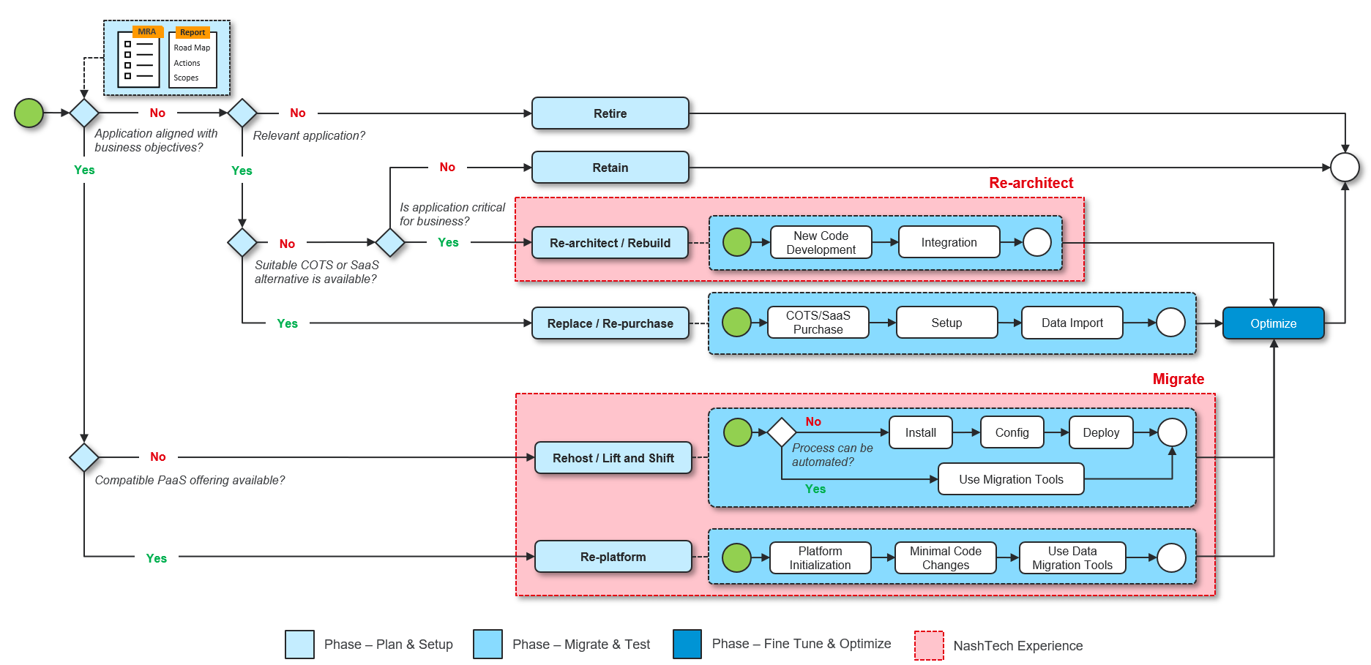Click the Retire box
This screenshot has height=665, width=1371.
click(x=610, y=113)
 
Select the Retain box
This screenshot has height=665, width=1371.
click(x=610, y=168)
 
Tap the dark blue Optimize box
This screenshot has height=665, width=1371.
click(x=1273, y=323)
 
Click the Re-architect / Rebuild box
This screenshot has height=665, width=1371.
click(x=610, y=243)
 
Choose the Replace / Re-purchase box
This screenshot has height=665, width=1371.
click(x=610, y=323)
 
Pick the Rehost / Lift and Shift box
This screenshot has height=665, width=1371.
click(x=613, y=458)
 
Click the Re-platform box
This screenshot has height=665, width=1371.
click(x=613, y=557)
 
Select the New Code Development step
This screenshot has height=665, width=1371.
click(x=821, y=243)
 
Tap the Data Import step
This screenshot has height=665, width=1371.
click(x=1072, y=323)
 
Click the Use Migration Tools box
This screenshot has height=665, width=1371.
click(x=1011, y=479)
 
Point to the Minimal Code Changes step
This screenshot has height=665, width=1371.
click(x=945, y=558)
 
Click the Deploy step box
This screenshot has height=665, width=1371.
click(x=1101, y=432)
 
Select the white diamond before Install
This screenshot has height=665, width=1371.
click(x=782, y=432)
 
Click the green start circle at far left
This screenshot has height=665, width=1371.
click(x=29, y=113)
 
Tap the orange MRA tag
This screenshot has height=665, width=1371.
click(x=147, y=32)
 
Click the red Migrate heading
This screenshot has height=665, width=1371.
click(x=1178, y=379)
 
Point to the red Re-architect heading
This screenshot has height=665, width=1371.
click(x=1031, y=183)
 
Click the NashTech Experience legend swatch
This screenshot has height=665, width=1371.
click(x=929, y=645)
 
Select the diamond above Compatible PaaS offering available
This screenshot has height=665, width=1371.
click(x=84, y=457)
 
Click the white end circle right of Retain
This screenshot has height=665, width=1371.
click(x=1345, y=168)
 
